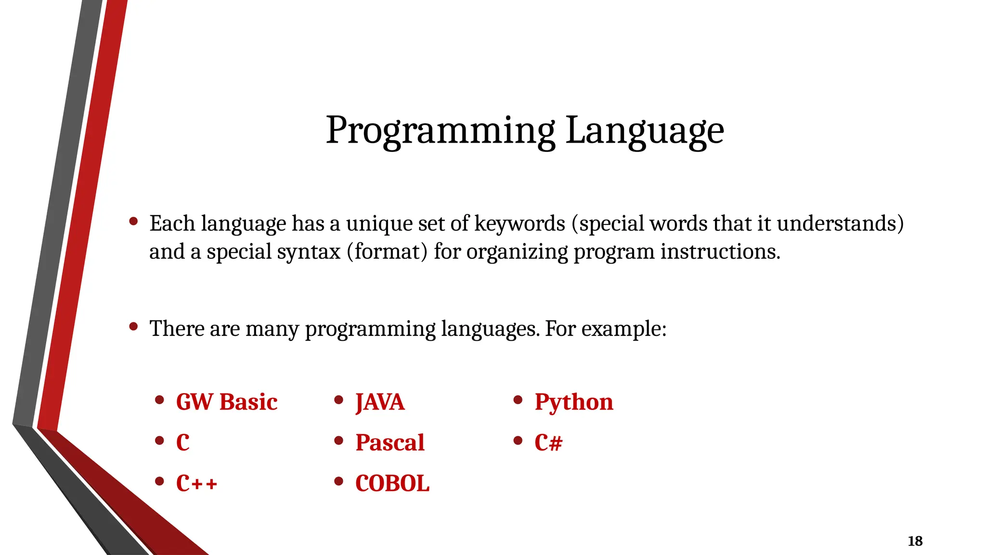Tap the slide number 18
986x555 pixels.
click(x=915, y=541)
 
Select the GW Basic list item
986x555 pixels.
click(x=226, y=402)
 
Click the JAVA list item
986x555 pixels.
click(x=380, y=402)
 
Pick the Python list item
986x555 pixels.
click(x=573, y=402)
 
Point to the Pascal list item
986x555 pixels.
click(x=389, y=442)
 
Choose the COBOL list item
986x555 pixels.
click(x=392, y=483)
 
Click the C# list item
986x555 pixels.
click(x=548, y=442)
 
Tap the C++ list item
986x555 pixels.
click(x=196, y=483)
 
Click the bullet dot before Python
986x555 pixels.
click(x=518, y=400)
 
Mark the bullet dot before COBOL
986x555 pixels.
click(x=339, y=481)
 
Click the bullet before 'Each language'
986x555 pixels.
click(x=134, y=221)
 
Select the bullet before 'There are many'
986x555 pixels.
click(x=134, y=327)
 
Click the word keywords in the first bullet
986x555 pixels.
click(x=519, y=224)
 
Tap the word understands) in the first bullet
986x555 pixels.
click(x=840, y=224)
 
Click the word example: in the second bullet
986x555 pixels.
click(x=623, y=329)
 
